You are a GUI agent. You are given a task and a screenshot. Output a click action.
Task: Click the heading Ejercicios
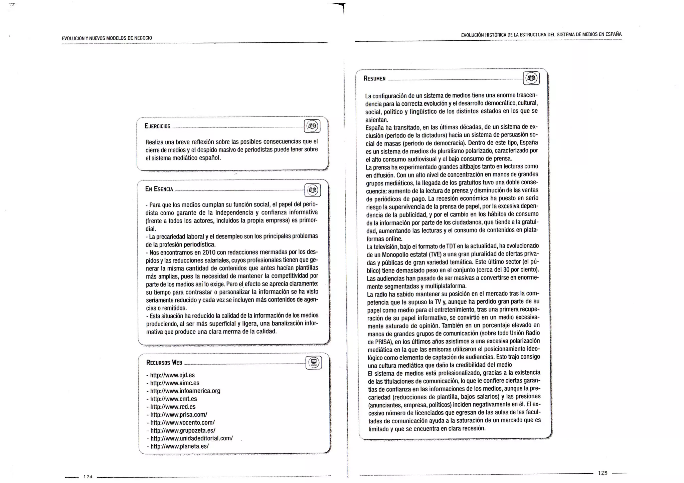coord(158,126)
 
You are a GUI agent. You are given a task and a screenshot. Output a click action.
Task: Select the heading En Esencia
coord(159,189)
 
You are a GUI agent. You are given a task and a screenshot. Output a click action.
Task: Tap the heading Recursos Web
coord(164,363)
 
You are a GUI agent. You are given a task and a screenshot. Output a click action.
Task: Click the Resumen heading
coord(374,79)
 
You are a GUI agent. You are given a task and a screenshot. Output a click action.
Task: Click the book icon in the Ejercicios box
coord(313,126)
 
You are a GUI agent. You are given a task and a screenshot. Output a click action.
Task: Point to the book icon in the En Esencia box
coord(313,190)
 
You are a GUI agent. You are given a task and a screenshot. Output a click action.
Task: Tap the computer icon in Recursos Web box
coord(314,363)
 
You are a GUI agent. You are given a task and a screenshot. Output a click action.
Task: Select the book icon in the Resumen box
coord(531,78)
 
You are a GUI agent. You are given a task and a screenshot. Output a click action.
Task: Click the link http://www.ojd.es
coord(172,375)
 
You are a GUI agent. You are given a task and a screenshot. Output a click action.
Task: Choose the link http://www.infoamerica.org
coord(185,391)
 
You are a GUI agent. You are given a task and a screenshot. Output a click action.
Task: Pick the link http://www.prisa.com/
coord(179,415)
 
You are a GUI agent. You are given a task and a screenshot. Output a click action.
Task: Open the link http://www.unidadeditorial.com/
coord(191,438)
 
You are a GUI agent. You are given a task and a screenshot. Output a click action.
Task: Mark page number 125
coord(603,473)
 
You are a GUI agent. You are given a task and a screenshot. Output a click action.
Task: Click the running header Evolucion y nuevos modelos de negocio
coord(107,38)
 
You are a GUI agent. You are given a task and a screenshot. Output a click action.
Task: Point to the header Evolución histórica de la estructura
coord(541,34)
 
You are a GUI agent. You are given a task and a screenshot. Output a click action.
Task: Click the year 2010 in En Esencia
coord(209,253)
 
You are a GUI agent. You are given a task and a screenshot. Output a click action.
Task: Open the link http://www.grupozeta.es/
coord(183,430)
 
